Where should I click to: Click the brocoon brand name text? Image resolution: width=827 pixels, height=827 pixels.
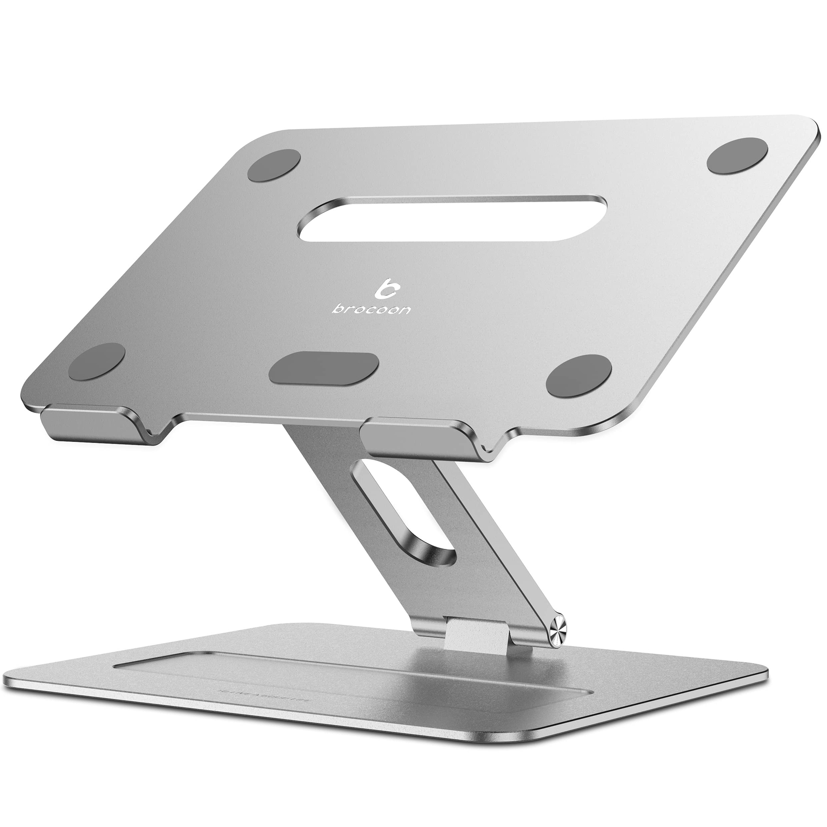point(372,309)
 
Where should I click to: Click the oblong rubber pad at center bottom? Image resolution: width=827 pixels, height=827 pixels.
point(324,368)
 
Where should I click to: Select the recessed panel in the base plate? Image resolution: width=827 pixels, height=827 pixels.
point(336,677)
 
